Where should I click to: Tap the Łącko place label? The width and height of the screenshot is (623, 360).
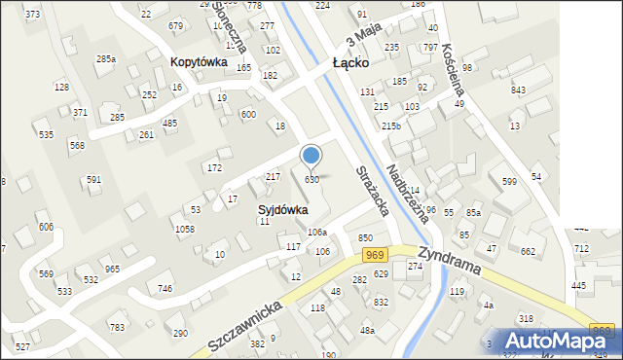348,62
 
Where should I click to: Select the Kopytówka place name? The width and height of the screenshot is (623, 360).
199,61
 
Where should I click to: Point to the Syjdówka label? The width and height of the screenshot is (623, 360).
283,209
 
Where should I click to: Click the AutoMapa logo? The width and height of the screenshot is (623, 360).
559,341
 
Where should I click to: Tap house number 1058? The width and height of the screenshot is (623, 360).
184,229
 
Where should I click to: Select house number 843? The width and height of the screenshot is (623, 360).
518,90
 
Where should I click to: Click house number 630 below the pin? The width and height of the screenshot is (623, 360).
312,180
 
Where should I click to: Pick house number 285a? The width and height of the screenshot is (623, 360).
105,59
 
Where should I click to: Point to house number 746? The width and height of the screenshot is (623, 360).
165,288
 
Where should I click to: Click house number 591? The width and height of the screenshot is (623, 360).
93,179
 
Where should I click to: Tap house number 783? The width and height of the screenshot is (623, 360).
117,327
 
